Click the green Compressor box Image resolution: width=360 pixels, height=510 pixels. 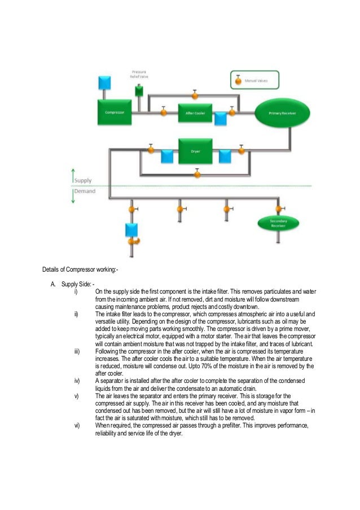click(115, 112)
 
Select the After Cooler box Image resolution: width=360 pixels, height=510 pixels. click(195, 112)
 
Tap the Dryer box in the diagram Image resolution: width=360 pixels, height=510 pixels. click(195, 151)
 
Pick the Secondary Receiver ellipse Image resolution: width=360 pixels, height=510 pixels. click(277, 223)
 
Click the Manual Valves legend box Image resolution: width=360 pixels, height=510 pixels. click(254, 80)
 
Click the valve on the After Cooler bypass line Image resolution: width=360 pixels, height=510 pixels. click(195, 93)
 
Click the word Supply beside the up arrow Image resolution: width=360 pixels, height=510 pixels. click(84, 180)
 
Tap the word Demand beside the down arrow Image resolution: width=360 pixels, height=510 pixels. click(85, 191)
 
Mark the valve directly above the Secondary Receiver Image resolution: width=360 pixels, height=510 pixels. click(277, 209)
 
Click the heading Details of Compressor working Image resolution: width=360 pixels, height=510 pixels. click(80, 268)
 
